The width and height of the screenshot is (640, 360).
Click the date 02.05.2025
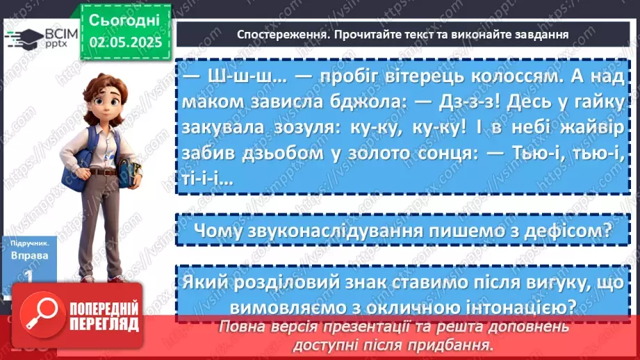[x=125, y=41]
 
